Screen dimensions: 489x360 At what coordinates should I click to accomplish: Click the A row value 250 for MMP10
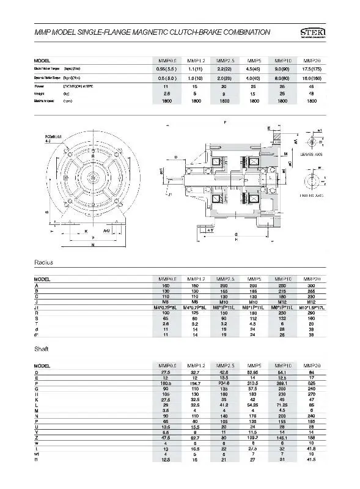tap(283, 285)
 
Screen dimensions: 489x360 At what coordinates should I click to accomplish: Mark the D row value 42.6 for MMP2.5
tap(224, 372)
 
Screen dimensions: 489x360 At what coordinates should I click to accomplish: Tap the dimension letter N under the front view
tap(92, 245)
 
